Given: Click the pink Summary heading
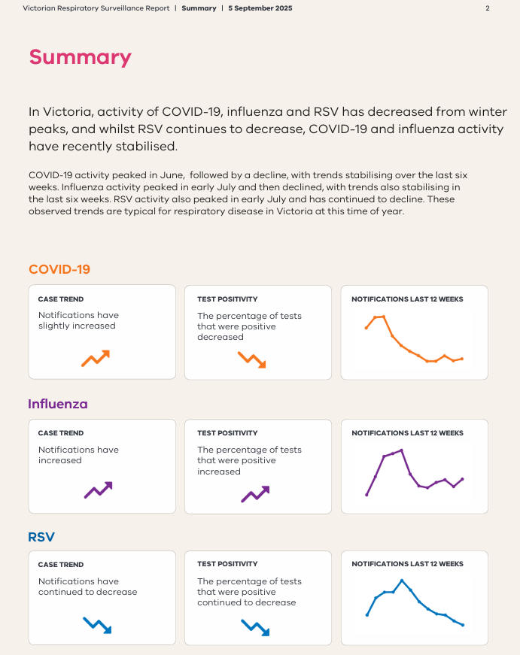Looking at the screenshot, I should coord(80,57).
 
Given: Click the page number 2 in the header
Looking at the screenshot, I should coord(488,8).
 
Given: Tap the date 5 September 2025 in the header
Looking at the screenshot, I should coord(260,8).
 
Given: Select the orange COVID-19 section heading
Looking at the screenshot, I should coord(59,269).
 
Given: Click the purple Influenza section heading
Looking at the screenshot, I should coord(58,404).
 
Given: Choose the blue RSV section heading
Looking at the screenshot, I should coord(41,537).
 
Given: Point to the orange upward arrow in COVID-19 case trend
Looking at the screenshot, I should coord(96,358).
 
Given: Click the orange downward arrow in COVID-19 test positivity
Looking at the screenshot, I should coord(252,359).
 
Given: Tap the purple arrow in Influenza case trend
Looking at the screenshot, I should coord(99,490).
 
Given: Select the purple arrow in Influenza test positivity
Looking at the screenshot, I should coord(255,493).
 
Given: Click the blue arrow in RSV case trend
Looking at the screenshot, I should coord(97,624).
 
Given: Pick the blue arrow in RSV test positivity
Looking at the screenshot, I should coord(254,626).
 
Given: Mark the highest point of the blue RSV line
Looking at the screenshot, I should coord(402,581).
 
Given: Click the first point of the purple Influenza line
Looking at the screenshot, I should coord(366,495).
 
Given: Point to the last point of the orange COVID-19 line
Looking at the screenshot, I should coord(462,359).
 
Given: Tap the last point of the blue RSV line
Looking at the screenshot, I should coord(463,625).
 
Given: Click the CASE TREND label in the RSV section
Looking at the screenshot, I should coord(61,564).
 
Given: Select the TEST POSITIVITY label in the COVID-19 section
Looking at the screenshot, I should coord(227,299).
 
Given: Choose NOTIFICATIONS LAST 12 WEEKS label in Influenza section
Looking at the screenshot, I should coord(407,433).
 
